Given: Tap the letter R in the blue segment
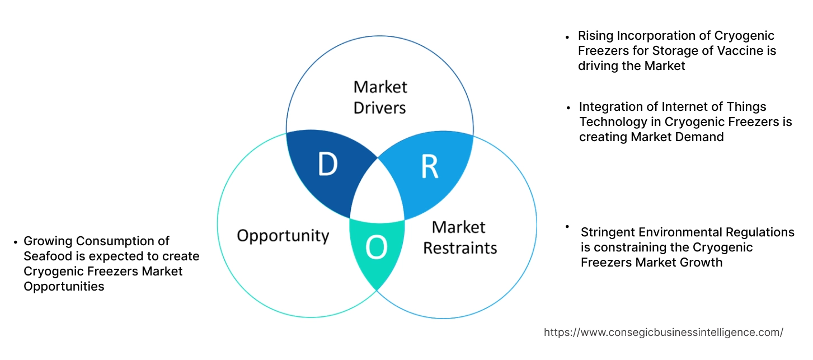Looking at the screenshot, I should (x=430, y=166).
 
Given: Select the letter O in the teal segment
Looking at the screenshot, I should (x=377, y=248).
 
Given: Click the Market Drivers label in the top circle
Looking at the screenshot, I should (x=380, y=97).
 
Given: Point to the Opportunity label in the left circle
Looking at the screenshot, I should (x=283, y=235).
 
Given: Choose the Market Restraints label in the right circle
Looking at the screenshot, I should (x=459, y=237).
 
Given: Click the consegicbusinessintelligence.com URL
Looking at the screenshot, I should (x=664, y=332).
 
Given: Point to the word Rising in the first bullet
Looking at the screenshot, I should (x=595, y=36).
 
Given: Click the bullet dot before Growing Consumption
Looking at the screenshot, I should (x=15, y=242).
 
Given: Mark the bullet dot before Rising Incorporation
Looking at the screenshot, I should (x=568, y=36).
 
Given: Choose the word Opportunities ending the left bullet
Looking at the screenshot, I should (x=64, y=287).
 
